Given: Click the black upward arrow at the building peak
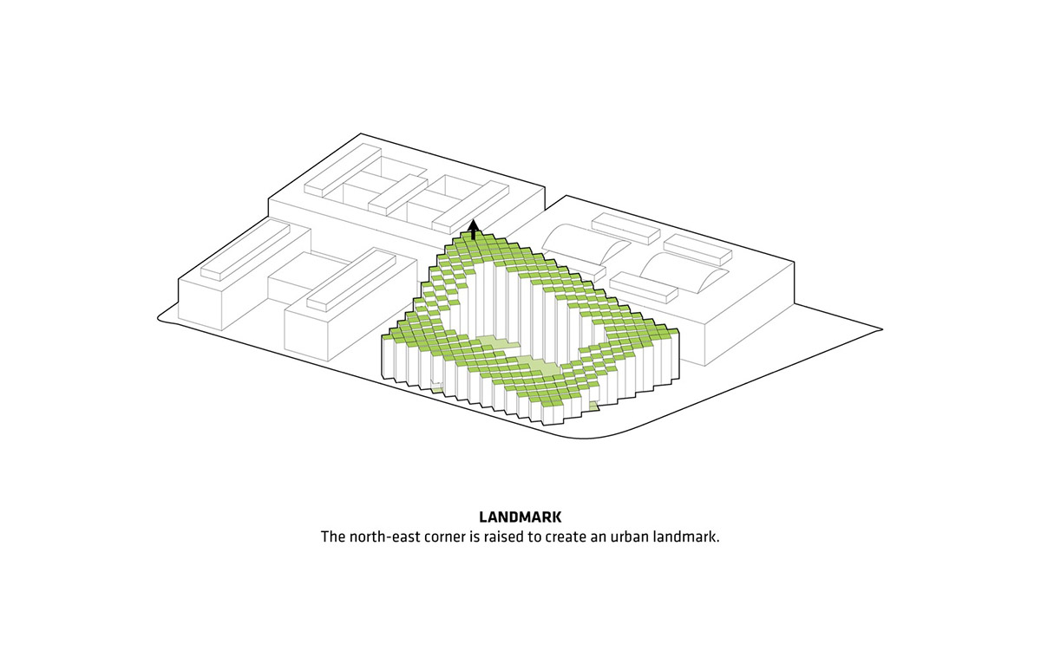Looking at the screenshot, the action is [473, 230].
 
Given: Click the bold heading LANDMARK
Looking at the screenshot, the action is [520, 517].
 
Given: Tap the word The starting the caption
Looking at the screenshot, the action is [333, 537].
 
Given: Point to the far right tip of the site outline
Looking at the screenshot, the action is [882, 329].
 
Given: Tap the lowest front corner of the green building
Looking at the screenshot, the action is [542, 424].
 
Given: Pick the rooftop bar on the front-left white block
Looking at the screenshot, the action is [351, 279].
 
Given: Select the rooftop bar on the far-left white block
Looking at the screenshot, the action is [245, 252].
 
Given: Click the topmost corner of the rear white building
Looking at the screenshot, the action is [361, 133].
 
